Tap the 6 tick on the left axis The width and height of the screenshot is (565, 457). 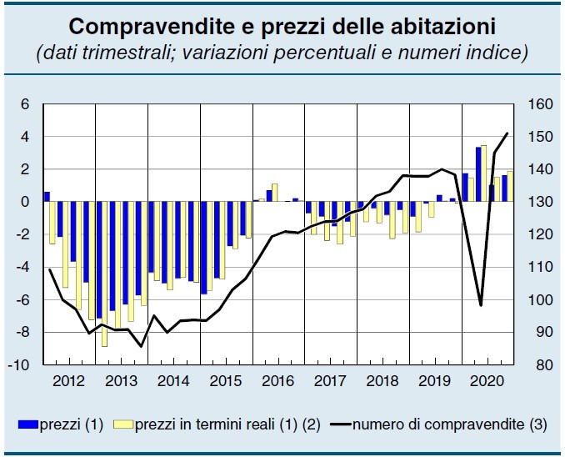pyautogui.click(x=25, y=105)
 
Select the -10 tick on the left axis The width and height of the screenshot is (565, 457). pyautogui.click(x=22, y=365)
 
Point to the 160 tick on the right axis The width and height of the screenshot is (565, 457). pyautogui.click(x=541, y=105)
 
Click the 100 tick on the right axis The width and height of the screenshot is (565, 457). pyautogui.click(x=541, y=300)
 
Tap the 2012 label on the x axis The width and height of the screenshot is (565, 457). pyautogui.click(x=69, y=381)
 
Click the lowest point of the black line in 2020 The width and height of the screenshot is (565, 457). pyautogui.click(x=481, y=305)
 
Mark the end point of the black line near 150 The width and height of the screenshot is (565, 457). pyautogui.click(x=507, y=133)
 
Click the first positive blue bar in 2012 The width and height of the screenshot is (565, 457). pyautogui.click(x=47, y=197)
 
